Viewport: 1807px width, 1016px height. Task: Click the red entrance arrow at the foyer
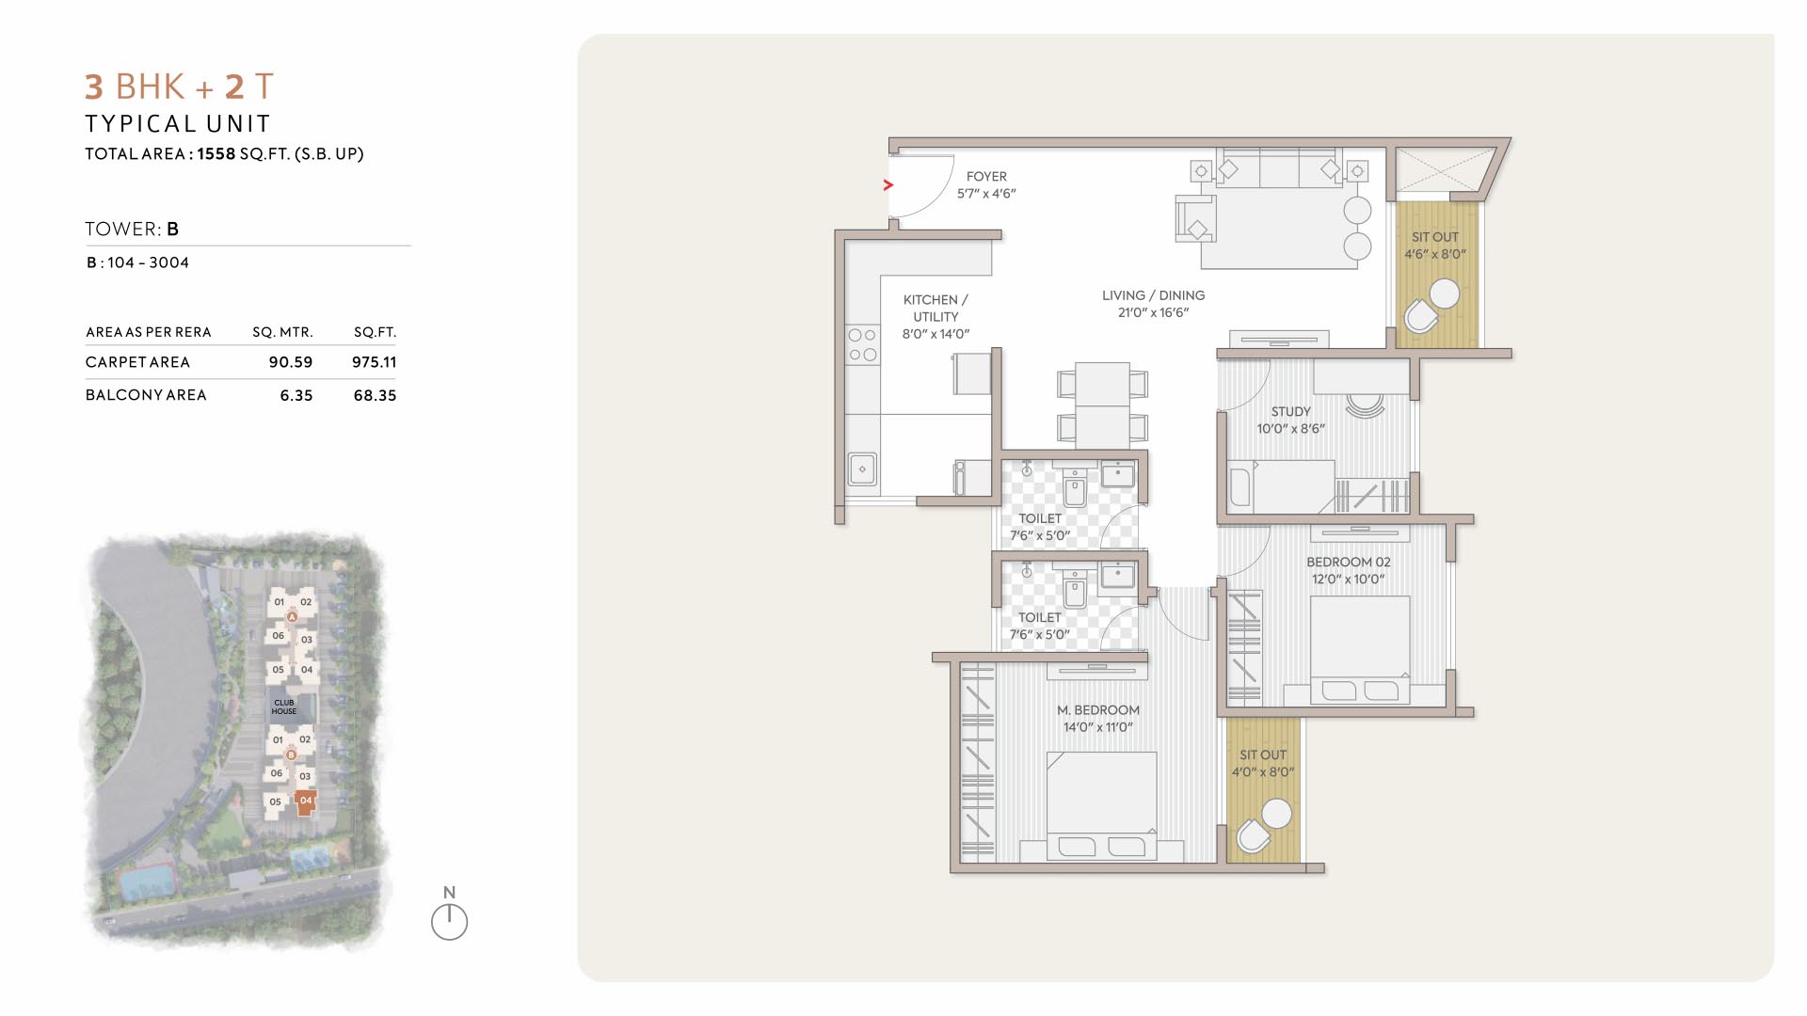pyautogui.click(x=888, y=185)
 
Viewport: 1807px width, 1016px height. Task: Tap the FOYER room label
pyautogui.click(x=986, y=177)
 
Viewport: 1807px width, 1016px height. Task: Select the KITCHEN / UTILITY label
pyautogui.click(x=935, y=309)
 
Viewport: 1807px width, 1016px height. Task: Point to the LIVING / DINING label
pyautogui.click(x=1154, y=295)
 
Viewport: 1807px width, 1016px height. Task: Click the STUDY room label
pyautogui.click(x=1290, y=412)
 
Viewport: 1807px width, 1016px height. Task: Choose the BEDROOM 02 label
pyautogui.click(x=1348, y=563)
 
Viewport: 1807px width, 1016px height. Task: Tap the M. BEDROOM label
pyautogui.click(x=1098, y=710)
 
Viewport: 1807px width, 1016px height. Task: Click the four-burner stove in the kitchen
pyautogui.click(x=862, y=345)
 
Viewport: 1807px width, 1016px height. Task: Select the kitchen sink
pyautogui.click(x=862, y=469)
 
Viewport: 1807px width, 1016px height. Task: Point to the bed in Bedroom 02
pyautogui.click(x=1360, y=650)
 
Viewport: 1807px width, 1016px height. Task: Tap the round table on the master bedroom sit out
pyautogui.click(x=1276, y=814)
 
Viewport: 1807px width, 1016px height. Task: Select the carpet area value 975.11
pyautogui.click(x=375, y=362)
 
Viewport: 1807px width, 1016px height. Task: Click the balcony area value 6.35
pyautogui.click(x=296, y=396)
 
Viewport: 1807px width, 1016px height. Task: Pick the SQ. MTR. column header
pyautogui.click(x=282, y=332)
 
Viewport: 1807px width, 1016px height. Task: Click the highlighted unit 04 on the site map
pyautogui.click(x=305, y=803)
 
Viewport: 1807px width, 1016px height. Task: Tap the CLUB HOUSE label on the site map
pyautogui.click(x=284, y=706)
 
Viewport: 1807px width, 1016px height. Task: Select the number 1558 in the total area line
pyautogui.click(x=216, y=153)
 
